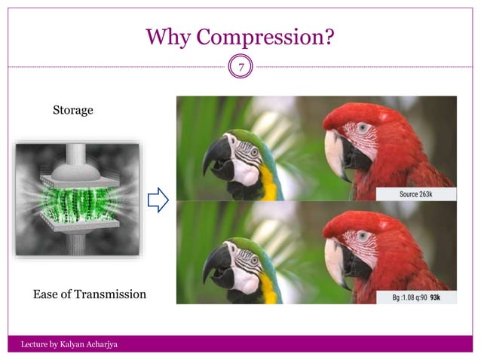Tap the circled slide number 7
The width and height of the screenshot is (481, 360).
point(241,68)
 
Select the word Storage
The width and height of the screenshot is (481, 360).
point(72,111)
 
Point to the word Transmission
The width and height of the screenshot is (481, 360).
point(109,294)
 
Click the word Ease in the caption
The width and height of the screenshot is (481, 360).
point(46,294)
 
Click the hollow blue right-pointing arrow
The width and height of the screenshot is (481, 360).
point(157,200)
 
